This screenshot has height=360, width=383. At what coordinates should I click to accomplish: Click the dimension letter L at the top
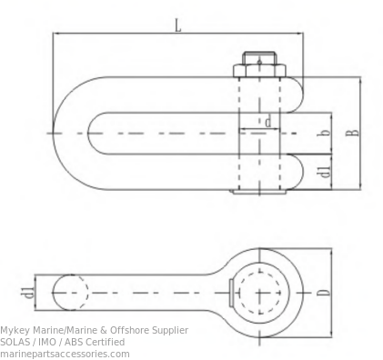[178, 25]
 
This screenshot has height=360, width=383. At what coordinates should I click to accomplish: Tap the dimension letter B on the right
[352, 133]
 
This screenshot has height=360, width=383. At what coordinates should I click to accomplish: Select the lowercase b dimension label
[325, 133]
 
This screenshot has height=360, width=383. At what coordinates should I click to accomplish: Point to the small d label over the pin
[267, 123]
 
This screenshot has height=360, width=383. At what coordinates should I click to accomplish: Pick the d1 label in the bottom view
[29, 292]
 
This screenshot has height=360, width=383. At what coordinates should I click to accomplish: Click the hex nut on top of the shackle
[259, 70]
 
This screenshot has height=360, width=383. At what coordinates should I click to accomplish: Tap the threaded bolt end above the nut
[259, 58]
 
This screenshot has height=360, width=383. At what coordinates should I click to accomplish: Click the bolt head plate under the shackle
[259, 192]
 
